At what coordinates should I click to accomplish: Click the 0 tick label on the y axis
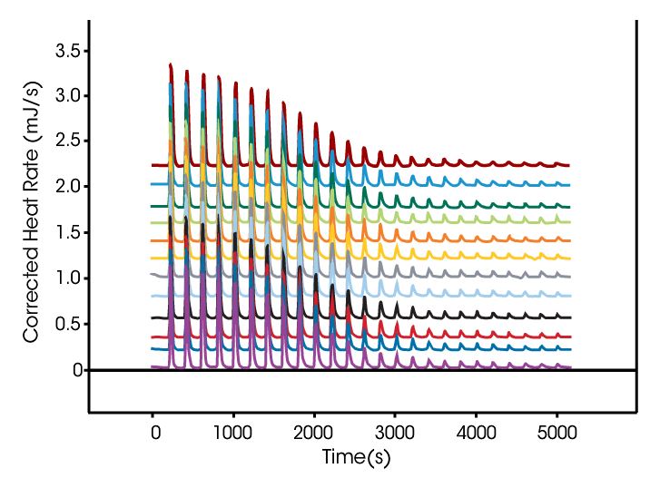pos(76,370)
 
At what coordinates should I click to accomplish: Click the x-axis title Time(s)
pos(356,458)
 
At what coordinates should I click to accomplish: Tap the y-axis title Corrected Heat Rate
pos(32,233)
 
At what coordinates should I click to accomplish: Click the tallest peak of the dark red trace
pos(171,64)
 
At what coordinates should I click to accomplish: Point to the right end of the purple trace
pos(569,367)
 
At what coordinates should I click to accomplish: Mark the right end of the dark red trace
pos(569,166)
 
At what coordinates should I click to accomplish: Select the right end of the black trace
pos(569,317)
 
